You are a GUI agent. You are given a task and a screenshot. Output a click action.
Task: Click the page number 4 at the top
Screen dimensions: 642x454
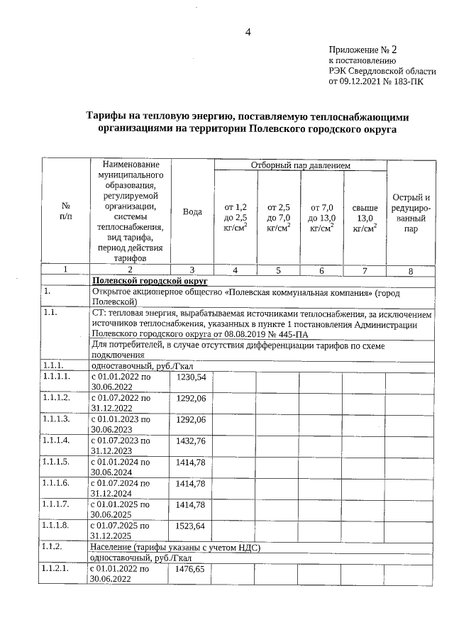tap(248, 32)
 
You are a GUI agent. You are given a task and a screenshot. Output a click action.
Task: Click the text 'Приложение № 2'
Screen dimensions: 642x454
tap(363, 50)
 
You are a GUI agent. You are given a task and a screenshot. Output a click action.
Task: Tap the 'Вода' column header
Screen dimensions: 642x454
tap(192, 212)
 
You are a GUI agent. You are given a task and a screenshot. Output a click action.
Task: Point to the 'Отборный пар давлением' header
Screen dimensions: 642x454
tap(301, 165)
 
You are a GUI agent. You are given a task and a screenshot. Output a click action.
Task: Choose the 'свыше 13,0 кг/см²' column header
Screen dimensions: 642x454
tap(365, 217)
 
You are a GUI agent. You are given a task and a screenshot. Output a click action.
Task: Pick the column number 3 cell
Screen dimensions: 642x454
tap(192, 270)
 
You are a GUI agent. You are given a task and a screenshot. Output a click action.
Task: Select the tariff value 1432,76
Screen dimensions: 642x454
tap(190, 441)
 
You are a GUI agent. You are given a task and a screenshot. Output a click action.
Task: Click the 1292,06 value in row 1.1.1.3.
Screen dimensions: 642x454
tap(190, 420)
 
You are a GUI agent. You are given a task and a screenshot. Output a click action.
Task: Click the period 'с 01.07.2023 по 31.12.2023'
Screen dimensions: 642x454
tap(121, 445)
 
